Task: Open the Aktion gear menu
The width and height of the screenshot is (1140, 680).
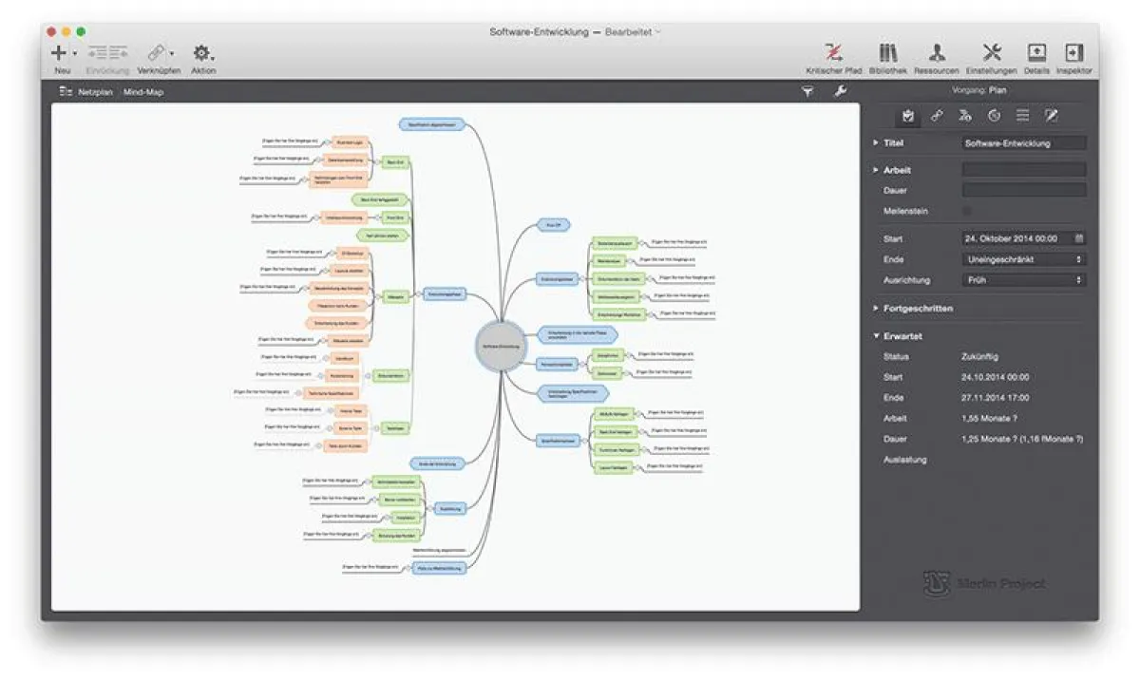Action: click(201, 53)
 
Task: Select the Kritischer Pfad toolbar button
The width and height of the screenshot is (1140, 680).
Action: click(833, 52)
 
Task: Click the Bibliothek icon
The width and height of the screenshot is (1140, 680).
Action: click(887, 52)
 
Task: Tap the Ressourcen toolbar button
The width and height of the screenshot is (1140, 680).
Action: click(937, 52)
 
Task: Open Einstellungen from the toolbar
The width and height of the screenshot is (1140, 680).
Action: click(991, 52)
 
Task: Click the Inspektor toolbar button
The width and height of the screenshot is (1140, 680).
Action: click(1073, 52)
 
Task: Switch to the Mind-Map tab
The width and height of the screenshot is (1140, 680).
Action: click(143, 92)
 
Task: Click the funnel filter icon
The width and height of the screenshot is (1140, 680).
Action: click(807, 91)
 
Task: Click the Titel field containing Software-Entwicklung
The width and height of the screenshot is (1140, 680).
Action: click(1023, 143)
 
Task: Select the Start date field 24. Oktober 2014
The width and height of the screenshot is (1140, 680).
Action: click(1017, 238)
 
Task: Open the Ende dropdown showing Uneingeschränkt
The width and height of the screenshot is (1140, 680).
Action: click(1023, 259)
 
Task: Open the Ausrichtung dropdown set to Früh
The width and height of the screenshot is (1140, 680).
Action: click(1023, 280)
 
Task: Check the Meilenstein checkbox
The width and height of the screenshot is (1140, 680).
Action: click(967, 211)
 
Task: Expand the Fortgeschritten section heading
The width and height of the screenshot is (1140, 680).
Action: click(918, 309)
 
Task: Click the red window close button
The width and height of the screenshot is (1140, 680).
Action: click(51, 31)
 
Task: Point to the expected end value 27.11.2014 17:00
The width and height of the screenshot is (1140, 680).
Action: click(995, 398)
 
